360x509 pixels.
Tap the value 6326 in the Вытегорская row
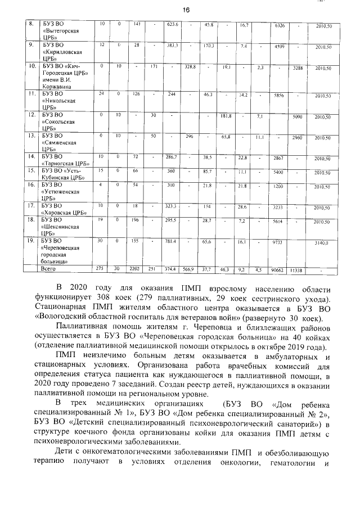[x=278, y=26]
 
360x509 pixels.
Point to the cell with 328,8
[x=190, y=67]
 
